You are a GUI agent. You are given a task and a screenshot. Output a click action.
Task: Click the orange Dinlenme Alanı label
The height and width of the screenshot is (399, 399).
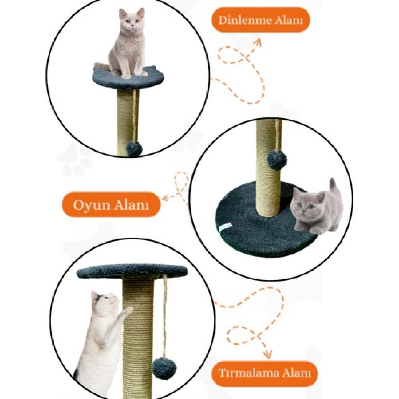click(x=261, y=20)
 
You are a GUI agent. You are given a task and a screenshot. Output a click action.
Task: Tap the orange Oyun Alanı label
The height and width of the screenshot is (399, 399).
click(x=111, y=205)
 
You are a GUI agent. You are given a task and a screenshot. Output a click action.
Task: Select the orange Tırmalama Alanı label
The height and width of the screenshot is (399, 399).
click(x=265, y=373)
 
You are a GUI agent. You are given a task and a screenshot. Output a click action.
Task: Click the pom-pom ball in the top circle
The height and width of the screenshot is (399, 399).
click(x=134, y=149)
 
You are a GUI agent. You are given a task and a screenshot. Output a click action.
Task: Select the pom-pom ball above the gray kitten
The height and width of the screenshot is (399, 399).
click(x=278, y=160)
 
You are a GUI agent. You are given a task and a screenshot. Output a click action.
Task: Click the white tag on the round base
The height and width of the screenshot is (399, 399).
click(x=225, y=226)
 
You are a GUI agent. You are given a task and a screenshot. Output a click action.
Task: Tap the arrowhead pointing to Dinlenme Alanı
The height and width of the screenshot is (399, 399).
click(x=257, y=43)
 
